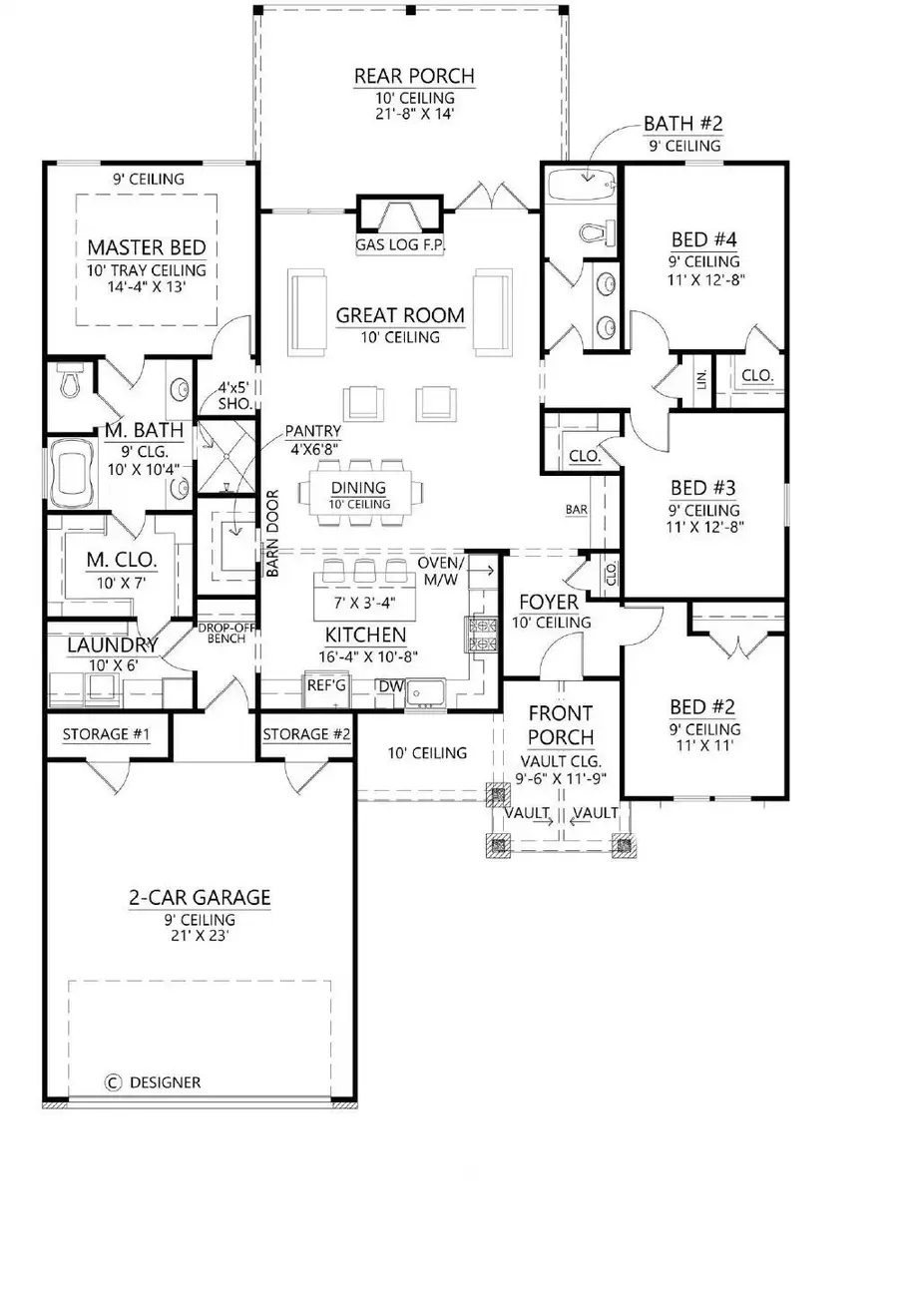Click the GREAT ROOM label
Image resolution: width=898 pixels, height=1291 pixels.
click(x=399, y=316)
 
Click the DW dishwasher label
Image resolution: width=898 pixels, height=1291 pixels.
click(x=388, y=685)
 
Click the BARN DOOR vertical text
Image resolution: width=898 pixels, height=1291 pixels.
click(x=270, y=533)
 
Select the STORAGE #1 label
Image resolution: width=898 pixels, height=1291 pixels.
click(x=106, y=735)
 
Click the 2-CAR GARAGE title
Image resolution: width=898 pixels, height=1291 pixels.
click(x=200, y=897)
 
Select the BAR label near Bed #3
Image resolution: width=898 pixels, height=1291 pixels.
click(x=576, y=510)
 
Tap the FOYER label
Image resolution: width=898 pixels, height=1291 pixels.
click(x=548, y=604)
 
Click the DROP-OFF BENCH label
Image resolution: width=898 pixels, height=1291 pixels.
click(x=222, y=633)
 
